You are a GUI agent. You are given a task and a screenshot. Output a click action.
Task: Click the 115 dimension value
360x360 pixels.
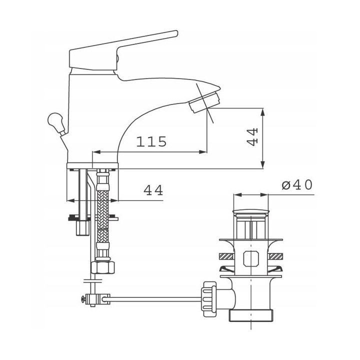pyautogui.click(x=151, y=141)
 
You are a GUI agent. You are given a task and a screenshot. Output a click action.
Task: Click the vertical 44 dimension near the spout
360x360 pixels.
pyautogui.click(x=252, y=137)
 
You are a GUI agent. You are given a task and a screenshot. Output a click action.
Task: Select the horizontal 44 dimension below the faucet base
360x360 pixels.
pyautogui.click(x=153, y=190)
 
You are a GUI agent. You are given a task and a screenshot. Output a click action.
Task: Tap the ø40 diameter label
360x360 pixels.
pyautogui.click(x=297, y=185)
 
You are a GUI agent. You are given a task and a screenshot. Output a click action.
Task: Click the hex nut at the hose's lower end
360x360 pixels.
pyautogui.click(x=102, y=267)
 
